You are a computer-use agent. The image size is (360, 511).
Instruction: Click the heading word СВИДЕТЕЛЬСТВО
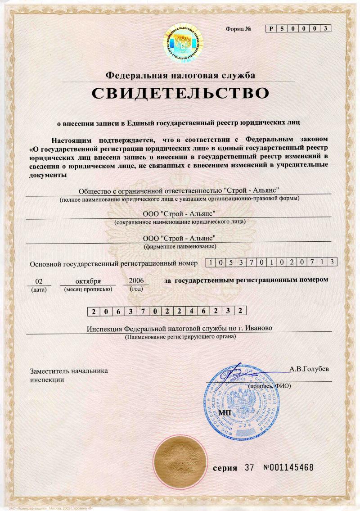tap(180, 93)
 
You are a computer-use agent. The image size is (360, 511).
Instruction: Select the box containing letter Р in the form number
tap(271, 29)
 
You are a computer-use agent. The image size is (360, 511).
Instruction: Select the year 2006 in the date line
tap(136, 280)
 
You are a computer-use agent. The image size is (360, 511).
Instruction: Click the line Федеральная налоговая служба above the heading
tap(180, 75)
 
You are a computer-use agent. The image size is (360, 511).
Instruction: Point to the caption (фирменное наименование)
tap(180, 247)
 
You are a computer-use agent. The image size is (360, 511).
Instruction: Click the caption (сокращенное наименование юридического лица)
tap(180, 222)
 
